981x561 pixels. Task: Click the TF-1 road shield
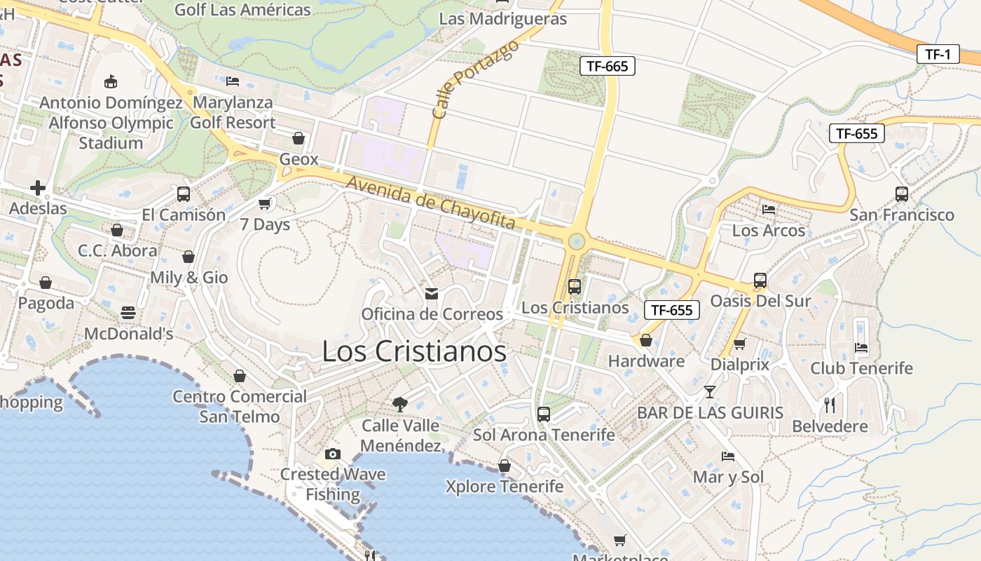(x=938, y=54)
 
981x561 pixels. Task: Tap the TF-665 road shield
(x=607, y=67)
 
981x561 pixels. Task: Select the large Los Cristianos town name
(x=414, y=351)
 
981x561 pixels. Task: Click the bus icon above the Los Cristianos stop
(x=575, y=286)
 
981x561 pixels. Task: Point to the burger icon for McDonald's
(x=128, y=313)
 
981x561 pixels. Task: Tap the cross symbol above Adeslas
(x=38, y=188)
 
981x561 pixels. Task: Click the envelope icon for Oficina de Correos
(x=432, y=294)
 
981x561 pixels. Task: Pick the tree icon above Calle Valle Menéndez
(x=400, y=404)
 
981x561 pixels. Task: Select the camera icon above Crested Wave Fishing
(x=333, y=454)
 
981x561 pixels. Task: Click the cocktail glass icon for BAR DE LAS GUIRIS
(x=710, y=391)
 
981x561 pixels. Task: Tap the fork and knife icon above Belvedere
(x=830, y=405)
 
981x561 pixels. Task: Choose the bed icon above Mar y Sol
(x=728, y=457)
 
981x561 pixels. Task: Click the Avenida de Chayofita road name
(x=431, y=203)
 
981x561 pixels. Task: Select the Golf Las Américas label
(x=242, y=10)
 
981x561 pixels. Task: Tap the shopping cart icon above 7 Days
(x=265, y=204)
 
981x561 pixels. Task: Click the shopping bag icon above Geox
(x=299, y=138)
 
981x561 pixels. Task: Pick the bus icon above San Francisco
(x=901, y=194)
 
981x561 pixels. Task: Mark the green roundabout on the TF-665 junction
(x=576, y=241)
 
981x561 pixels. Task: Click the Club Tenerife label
(x=861, y=368)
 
